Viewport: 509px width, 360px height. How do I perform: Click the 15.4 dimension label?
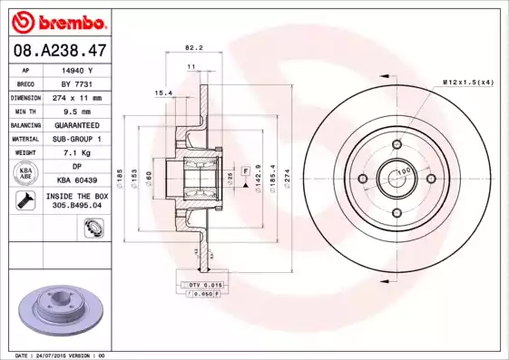tap(163, 92)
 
